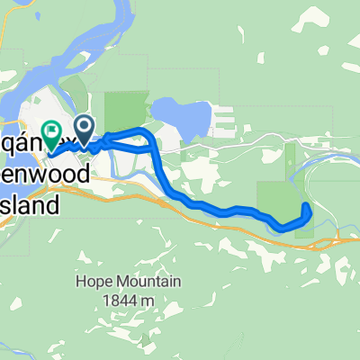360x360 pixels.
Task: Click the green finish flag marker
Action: [51, 133]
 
